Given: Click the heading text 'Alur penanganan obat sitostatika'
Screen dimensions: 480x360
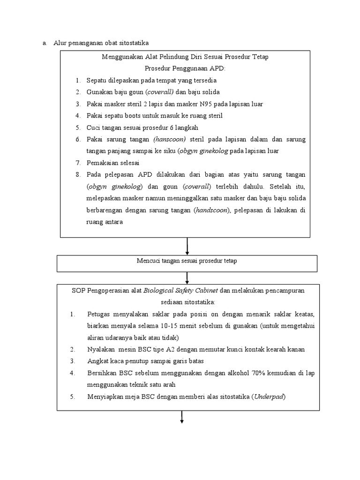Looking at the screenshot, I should coord(101,43).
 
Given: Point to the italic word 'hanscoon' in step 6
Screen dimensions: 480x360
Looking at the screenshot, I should coord(169,139).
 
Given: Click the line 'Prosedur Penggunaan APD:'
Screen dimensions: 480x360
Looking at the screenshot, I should coord(185,68).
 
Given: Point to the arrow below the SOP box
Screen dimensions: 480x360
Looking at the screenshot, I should coord(181,418).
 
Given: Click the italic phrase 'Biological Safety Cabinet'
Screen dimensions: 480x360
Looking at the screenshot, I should coord(180,291).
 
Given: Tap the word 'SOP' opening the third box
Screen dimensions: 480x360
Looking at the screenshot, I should coord(79,291).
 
